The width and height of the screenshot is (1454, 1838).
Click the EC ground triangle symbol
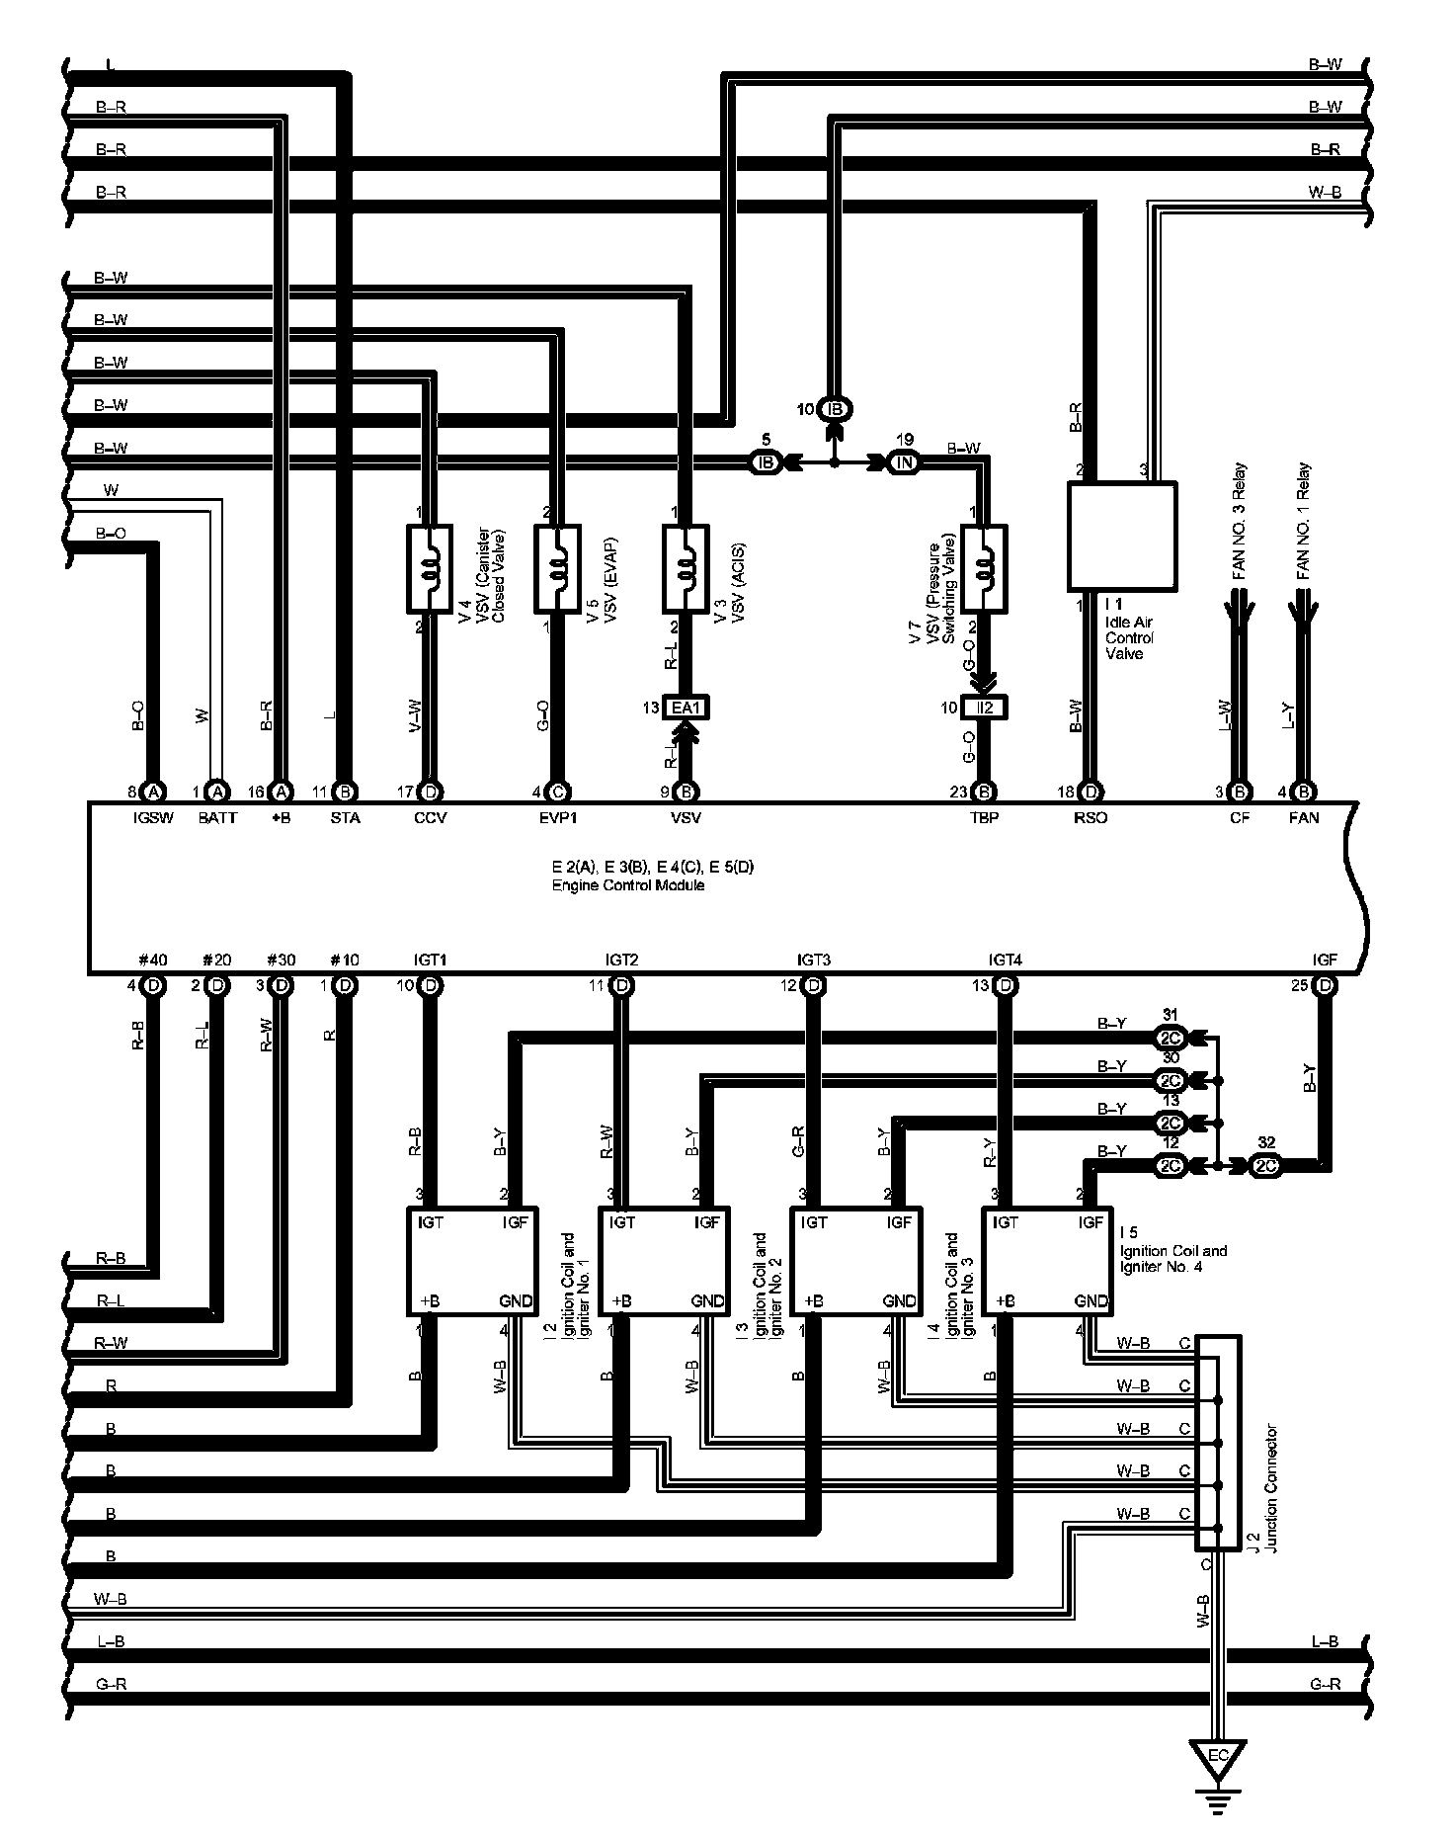(x=1218, y=1756)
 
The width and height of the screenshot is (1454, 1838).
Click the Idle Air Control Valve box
(x=1122, y=537)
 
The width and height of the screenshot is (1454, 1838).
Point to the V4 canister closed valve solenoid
(x=430, y=568)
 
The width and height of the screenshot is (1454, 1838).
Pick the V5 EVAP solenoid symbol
(x=557, y=568)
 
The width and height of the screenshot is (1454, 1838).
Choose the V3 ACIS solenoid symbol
(x=685, y=568)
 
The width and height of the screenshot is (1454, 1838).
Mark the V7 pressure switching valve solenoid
(x=984, y=568)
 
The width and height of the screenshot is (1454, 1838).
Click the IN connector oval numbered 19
(x=905, y=461)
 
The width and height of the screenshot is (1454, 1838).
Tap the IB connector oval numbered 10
(x=835, y=409)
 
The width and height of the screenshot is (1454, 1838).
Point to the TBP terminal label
(x=985, y=817)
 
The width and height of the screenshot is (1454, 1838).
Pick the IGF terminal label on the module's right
(x=1325, y=959)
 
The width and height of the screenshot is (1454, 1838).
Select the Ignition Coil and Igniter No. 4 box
(x=1048, y=1261)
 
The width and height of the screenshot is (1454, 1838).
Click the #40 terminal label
(x=153, y=959)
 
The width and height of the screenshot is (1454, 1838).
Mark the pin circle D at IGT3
(x=814, y=985)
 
